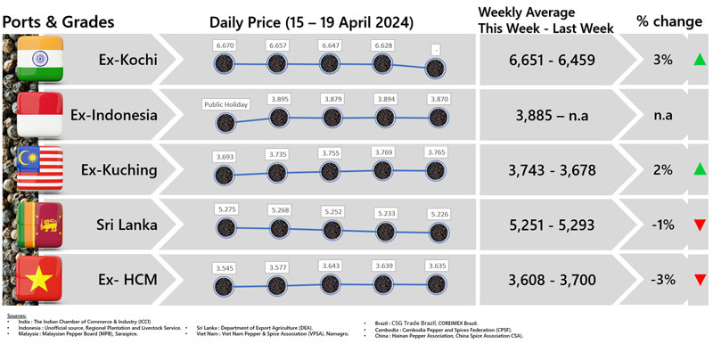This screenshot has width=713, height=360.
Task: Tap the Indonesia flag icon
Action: (x=39, y=115)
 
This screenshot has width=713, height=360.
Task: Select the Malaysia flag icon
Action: (x=39, y=169)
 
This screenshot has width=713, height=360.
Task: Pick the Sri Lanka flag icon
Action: (x=39, y=225)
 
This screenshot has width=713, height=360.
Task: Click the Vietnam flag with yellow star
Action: (x=39, y=279)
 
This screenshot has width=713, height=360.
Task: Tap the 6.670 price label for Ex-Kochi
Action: (x=225, y=44)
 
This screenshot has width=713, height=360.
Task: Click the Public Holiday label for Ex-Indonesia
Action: (x=225, y=103)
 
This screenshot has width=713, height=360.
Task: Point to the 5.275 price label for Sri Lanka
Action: (x=225, y=209)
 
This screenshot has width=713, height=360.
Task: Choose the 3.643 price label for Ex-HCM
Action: (x=332, y=265)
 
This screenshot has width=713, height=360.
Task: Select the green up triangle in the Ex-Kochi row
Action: (x=700, y=61)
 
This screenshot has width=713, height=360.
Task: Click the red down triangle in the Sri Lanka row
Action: (x=700, y=225)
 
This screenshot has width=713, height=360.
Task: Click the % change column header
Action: (x=668, y=20)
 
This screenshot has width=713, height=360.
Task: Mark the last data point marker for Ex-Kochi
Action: (x=437, y=69)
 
